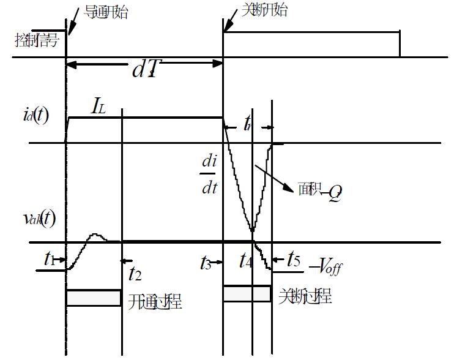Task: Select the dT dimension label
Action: tap(146, 69)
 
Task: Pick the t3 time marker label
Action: tap(207, 263)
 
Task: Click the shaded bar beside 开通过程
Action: tap(93, 298)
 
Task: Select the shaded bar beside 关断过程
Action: tap(247, 294)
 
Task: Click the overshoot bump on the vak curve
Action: tap(95, 234)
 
